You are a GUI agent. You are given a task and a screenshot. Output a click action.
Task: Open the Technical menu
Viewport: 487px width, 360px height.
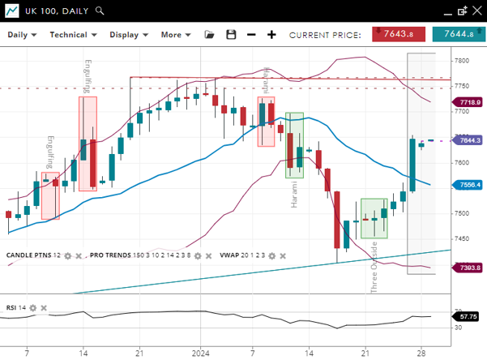[x=73, y=35]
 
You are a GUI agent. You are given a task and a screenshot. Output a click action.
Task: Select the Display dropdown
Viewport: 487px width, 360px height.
[x=128, y=35]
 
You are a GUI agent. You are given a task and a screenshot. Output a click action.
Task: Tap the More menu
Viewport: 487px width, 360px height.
[x=175, y=35]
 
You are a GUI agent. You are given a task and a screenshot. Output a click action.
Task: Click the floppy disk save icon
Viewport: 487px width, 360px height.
[x=231, y=35]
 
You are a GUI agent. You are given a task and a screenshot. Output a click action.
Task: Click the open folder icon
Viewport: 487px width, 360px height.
[x=210, y=35]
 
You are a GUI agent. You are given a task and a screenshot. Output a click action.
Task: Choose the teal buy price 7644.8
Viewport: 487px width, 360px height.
[x=458, y=34]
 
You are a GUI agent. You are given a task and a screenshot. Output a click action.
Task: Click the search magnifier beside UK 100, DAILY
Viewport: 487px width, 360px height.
[x=100, y=11]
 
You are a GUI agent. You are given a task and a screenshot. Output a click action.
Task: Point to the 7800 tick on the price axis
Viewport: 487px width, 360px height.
[x=463, y=61]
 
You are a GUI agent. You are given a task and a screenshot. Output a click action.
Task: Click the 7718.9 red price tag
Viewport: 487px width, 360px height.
[x=468, y=102]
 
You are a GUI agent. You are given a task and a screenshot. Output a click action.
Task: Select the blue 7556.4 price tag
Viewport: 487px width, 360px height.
[x=468, y=185]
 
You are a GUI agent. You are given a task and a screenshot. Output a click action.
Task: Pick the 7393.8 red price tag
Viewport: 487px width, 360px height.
[x=468, y=268]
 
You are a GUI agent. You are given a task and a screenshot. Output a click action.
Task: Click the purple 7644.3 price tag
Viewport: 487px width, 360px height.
[x=468, y=140]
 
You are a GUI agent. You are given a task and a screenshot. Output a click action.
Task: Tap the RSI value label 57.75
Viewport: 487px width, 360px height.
[x=468, y=316]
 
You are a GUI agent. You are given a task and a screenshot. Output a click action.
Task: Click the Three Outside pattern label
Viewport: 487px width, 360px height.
[x=374, y=266]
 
